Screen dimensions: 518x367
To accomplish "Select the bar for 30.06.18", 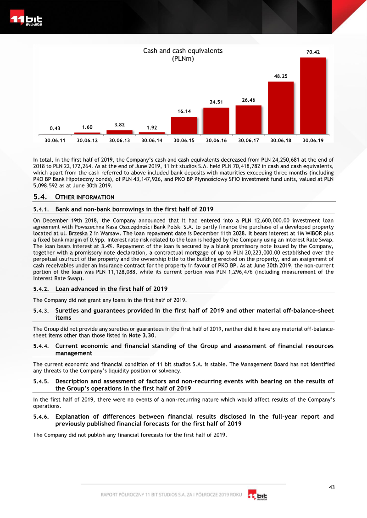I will [x=281, y=108].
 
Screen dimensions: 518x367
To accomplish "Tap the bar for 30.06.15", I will [x=184, y=125].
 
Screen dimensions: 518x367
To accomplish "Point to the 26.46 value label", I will [x=249, y=99].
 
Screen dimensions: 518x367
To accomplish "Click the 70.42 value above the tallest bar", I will [x=313, y=52].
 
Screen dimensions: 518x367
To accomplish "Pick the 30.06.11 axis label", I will [x=51, y=140].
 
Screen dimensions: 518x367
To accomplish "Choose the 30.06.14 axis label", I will [x=152, y=140].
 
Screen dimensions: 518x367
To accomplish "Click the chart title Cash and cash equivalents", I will [x=183, y=51].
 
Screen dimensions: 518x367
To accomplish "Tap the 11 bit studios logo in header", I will [x=27, y=20].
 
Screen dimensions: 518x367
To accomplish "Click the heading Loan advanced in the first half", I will [x=111, y=289].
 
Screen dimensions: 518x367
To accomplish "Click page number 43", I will [x=332, y=487].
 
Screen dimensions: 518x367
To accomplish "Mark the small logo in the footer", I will [x=257, y=496].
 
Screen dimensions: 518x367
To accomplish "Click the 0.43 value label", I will [x=55, y=128].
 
